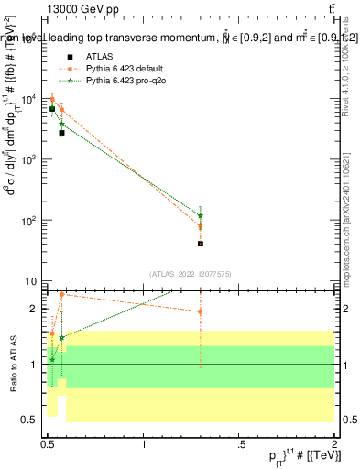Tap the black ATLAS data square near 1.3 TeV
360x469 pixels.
200,244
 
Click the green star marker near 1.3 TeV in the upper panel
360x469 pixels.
200,216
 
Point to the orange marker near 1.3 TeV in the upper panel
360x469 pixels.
200,226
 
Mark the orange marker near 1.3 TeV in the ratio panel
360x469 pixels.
200,311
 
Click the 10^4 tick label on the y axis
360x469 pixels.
29,100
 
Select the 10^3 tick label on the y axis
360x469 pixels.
29,160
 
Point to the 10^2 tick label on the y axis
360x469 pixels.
29,221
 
